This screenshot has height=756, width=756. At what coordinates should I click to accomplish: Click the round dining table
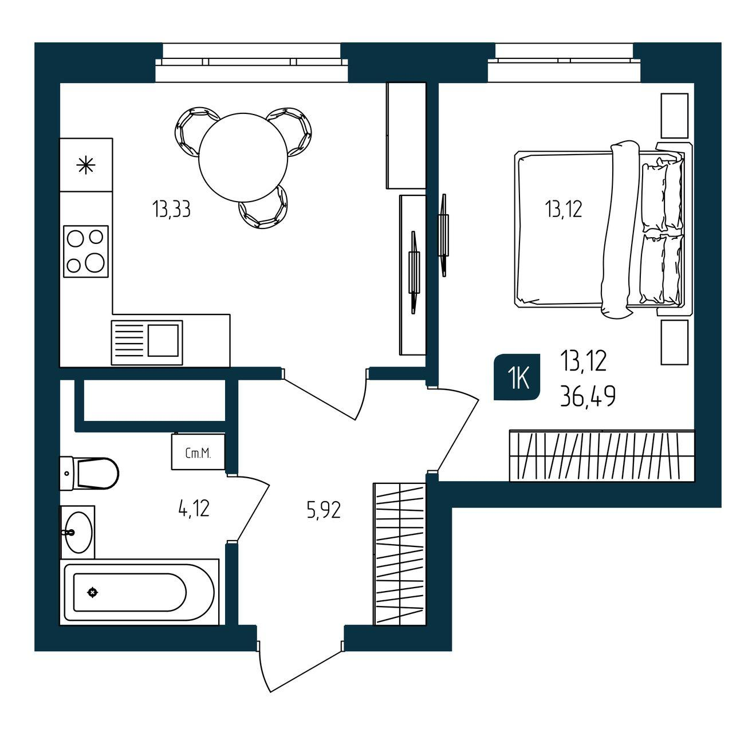tap(243, 157)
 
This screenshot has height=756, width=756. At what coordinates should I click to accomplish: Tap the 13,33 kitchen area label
tap(171, 209)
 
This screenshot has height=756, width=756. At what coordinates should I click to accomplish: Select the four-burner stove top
tap(85, 251)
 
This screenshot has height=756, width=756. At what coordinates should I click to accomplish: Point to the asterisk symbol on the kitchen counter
tap(85, 165)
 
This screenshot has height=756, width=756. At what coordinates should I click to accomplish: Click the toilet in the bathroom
tap(89, 474)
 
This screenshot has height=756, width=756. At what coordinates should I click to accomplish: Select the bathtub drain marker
tap(93, 592)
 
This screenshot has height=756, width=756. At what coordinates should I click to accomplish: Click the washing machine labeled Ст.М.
tap(198, 451)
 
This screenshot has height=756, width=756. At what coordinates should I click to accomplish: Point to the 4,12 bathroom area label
tap(194, 509)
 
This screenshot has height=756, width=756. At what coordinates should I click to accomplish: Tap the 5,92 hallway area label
tap(324, 511)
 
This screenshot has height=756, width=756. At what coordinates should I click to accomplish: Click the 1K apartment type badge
tap(517, 377)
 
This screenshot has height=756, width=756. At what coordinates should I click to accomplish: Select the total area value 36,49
tap(588, 396)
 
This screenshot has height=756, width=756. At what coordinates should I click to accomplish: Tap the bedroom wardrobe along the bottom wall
tap(602, 455)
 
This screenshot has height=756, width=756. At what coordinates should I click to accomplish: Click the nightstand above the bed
tap(675, 116)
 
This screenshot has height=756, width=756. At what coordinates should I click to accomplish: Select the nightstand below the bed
tap(675, 342)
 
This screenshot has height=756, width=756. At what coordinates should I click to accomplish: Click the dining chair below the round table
tap(263, 208)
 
